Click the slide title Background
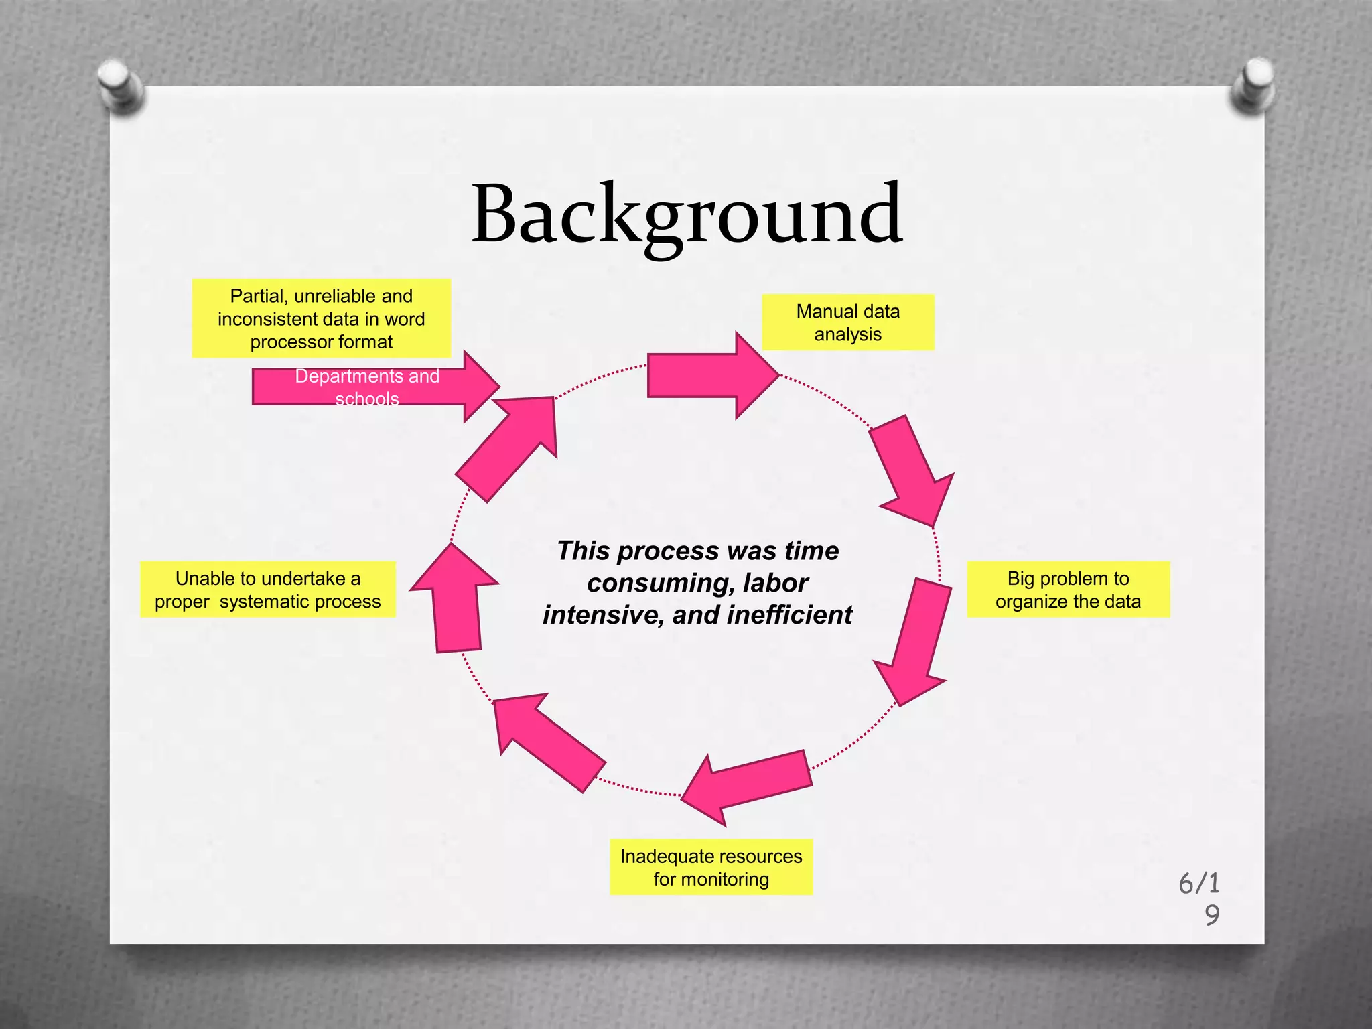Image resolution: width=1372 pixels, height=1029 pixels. (687, 214)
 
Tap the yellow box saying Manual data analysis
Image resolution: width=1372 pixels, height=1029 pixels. (847, 322)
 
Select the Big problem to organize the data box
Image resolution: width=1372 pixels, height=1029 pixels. (1068, 590)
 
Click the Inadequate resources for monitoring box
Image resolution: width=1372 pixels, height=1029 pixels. (711, 867)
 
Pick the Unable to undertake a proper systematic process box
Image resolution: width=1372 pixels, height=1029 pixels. (267, 590)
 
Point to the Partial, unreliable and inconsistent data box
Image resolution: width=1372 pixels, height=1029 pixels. (321, 318)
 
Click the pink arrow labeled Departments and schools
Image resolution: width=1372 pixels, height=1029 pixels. (375, 387)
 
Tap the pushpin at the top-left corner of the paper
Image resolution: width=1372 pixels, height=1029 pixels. (121, 85)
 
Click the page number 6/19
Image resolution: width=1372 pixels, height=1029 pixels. (1200, 898)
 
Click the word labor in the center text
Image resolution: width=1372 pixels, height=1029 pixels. (775, 583)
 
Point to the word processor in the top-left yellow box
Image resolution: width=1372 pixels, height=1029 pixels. (288, 342)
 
